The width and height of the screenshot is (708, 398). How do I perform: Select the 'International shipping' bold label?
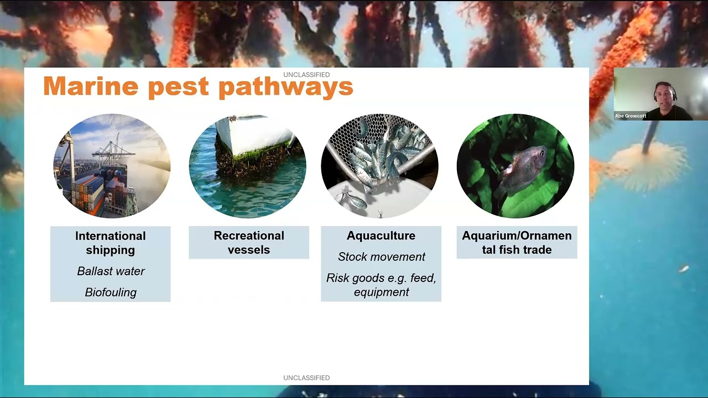(x=111, y=243)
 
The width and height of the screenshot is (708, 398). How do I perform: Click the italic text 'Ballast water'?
(x=111, y=271)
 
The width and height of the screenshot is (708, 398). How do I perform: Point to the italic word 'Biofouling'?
(x=111, y=292)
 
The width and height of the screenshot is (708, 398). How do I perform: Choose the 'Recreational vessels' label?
(x=249, y=243)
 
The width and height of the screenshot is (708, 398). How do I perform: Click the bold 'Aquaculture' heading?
(x=381, y=235)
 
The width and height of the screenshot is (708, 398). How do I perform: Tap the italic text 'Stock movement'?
(x=381, y=256)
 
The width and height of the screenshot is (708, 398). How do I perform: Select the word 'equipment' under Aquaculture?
(x=381, y=292)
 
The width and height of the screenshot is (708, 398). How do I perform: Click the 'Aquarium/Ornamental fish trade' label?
(x=517, y=243)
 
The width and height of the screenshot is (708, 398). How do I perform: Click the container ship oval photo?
(x=111, y=166)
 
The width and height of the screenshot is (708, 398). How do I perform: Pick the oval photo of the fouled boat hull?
(x=247, y=166)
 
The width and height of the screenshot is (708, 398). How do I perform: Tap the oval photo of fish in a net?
(x=379, y=166)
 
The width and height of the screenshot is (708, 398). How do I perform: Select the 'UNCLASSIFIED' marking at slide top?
(x=306, y=75)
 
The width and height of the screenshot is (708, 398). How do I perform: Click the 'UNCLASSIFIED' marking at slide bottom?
(x=306, y=378)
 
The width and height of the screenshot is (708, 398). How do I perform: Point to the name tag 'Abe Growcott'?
(x=631, y=116)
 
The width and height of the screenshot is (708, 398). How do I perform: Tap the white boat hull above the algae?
(x=254, y=133)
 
